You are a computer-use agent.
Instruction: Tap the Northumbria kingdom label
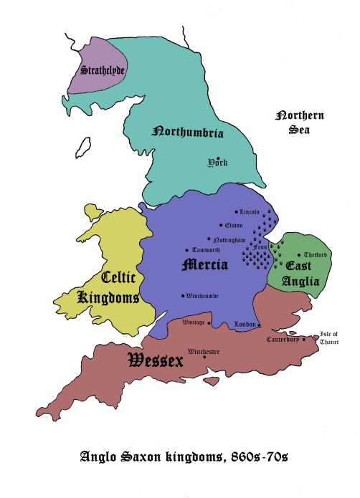188,133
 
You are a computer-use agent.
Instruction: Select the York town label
217,163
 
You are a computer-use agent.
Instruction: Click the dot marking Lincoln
237,212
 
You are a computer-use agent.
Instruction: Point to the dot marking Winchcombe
182,296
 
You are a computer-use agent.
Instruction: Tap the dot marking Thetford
299,255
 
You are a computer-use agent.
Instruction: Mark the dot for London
256,325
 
